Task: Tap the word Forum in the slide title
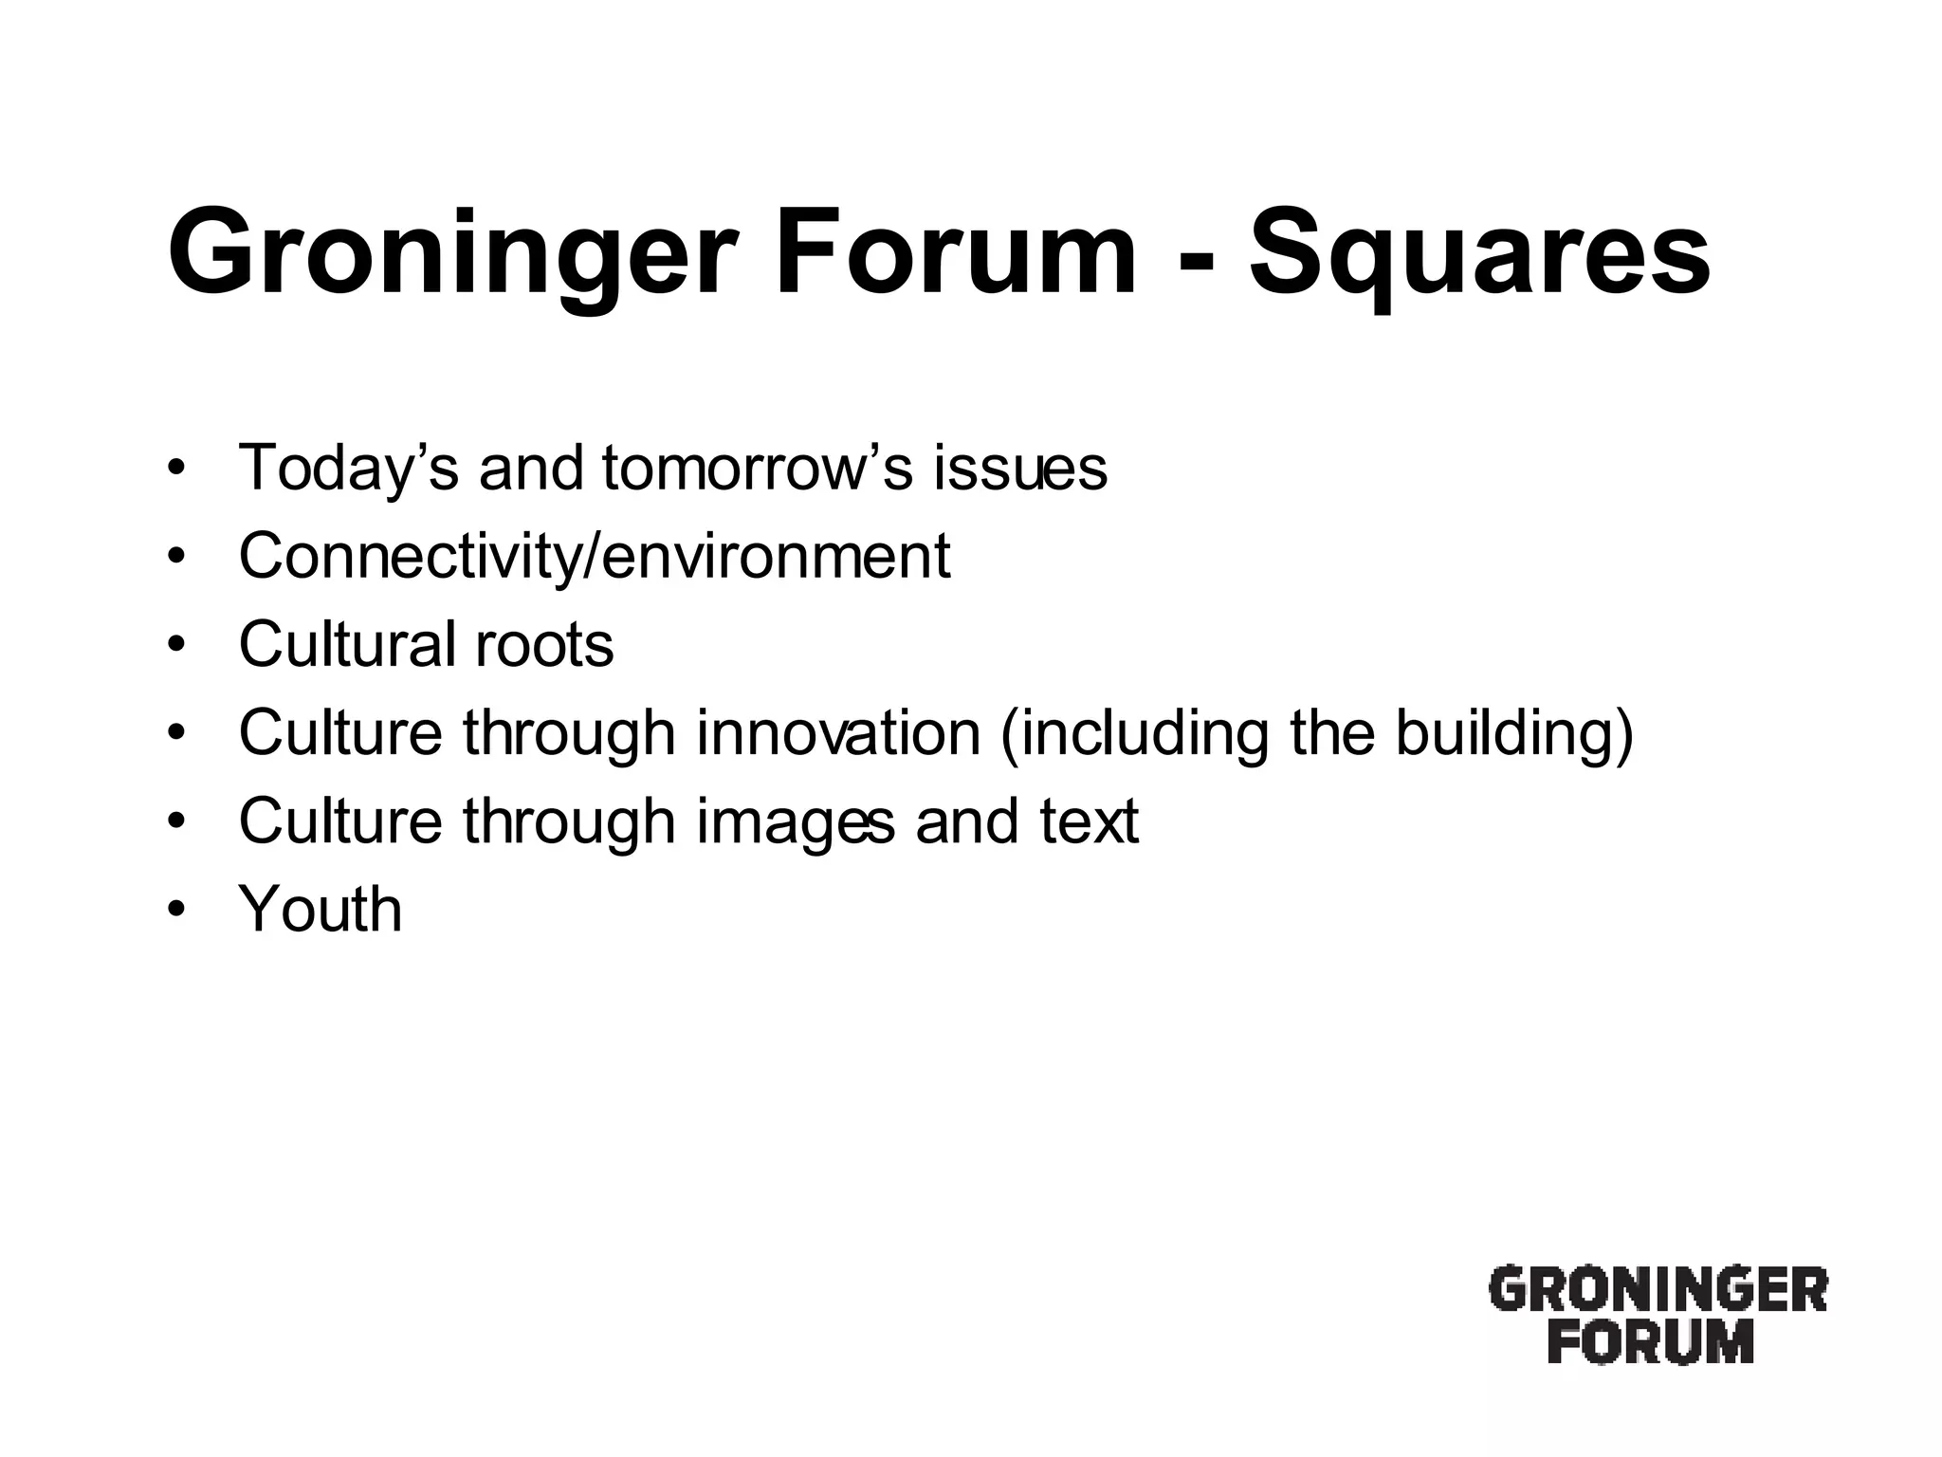(x=955, y=252)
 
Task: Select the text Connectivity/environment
(x=594, y=557)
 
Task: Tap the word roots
(x=544, y=644)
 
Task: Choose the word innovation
(x=838, y=732)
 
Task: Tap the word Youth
(x=321, y=909)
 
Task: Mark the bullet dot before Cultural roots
(x=174, y=646)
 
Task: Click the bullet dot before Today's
(x=174, y=470)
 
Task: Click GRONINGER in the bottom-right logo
(x=1657, y=1291)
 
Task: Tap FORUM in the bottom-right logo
(x=1651, y=1342)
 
